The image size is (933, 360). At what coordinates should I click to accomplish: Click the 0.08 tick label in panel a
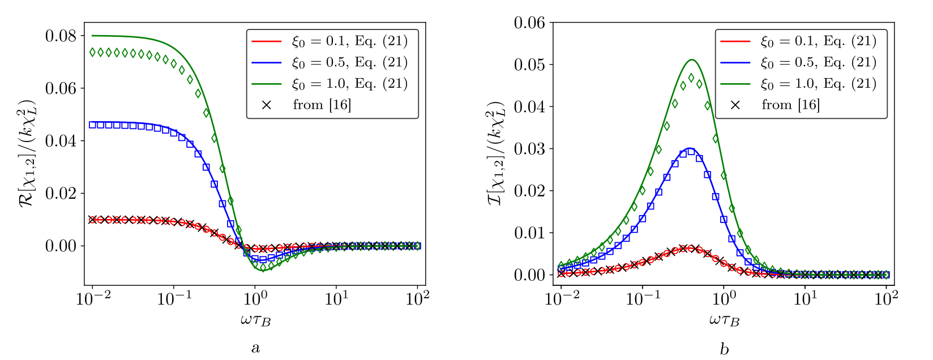pyautogui.click(x=61, y=36)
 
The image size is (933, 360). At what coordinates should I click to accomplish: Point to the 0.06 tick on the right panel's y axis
pyautogui.click(x=529, y=23)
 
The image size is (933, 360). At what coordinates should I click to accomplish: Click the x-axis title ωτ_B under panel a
pyautogui.click(x=255, y=320)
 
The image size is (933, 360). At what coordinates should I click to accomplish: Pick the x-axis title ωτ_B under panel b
pyautogui.click(x=724, y=320)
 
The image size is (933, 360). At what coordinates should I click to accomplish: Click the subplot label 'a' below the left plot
pyautogui.click(x=255, y=348)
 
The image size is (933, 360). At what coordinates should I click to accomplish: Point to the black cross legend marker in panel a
pyautogui.click(x=266, y=105)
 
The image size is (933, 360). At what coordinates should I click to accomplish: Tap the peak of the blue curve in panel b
pyautogui.click(x=690, y=148)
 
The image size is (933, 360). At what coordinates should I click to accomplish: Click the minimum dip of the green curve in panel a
pyautogui.click(x=262, y=271)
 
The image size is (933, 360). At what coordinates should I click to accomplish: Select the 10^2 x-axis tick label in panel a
pyautogui.click(x=417, y=298)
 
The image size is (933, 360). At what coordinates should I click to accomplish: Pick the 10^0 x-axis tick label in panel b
pyautogui.click(x=724, y=298)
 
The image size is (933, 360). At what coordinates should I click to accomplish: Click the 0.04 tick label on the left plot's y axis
pyautogui.click(x=61, y=141)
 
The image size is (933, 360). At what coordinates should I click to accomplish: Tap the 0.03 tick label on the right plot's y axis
pyautogui.click(x=529, y=149)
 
